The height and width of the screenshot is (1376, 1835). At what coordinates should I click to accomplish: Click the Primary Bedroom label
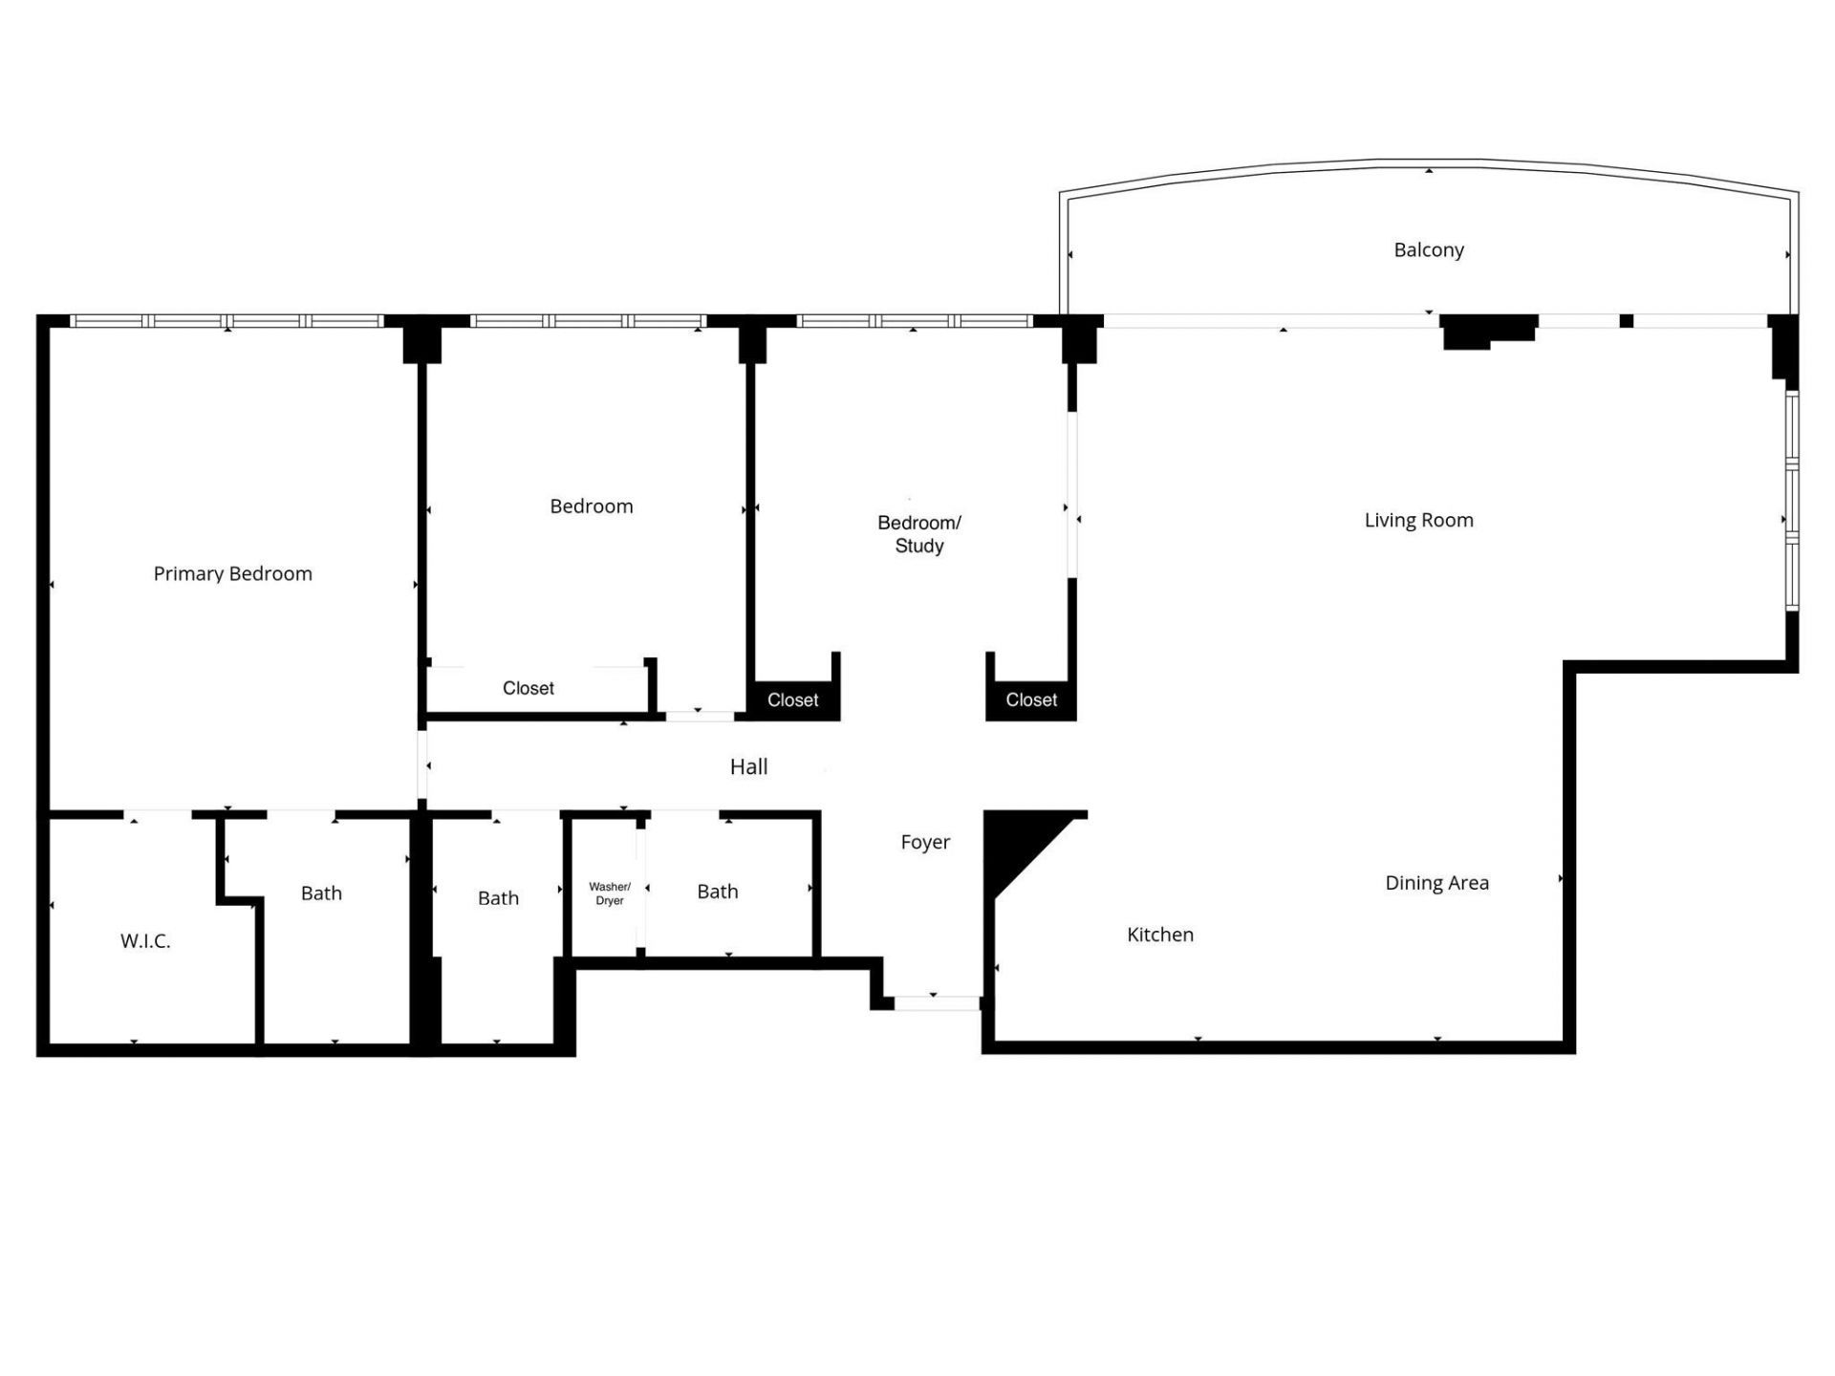pos(232,573)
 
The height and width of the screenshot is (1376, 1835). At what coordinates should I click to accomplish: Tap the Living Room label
pos(1418,520)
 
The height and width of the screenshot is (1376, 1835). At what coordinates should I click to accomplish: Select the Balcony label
pos(1429,249)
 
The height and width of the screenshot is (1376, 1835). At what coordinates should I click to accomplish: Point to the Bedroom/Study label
pos(918,534)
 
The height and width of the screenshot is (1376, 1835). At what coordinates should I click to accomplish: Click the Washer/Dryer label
pos(610,893)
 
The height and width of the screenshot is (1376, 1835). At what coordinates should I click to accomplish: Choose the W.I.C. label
pos(145,941)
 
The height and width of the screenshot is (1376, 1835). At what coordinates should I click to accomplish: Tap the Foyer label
pos(925,842)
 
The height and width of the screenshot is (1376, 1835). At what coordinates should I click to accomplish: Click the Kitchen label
pos(1160,935)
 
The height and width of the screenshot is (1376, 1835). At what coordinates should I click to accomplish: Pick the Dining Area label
pos(1436,883)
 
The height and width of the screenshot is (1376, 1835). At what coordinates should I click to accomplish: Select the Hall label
pos(748,766)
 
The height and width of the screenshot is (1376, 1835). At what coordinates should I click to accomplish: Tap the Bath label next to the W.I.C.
pos(321,893)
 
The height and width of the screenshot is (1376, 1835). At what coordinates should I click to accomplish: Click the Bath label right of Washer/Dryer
pos(718,892)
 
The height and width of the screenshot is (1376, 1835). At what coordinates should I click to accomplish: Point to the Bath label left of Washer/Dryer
pos(498,898)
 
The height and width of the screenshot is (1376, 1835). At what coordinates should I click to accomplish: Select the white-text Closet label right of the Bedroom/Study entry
pos(1031,700)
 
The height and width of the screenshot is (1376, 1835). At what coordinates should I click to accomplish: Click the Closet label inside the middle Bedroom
pos(528,688)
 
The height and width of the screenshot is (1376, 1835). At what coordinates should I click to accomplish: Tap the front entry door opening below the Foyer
pos(937,1002)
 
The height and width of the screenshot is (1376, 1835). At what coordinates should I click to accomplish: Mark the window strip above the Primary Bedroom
pos(227,321)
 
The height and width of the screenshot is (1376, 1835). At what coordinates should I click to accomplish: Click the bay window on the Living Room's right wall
pos(1793,502)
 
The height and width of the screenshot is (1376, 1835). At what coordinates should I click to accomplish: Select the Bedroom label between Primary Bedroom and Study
pos(591,506)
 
